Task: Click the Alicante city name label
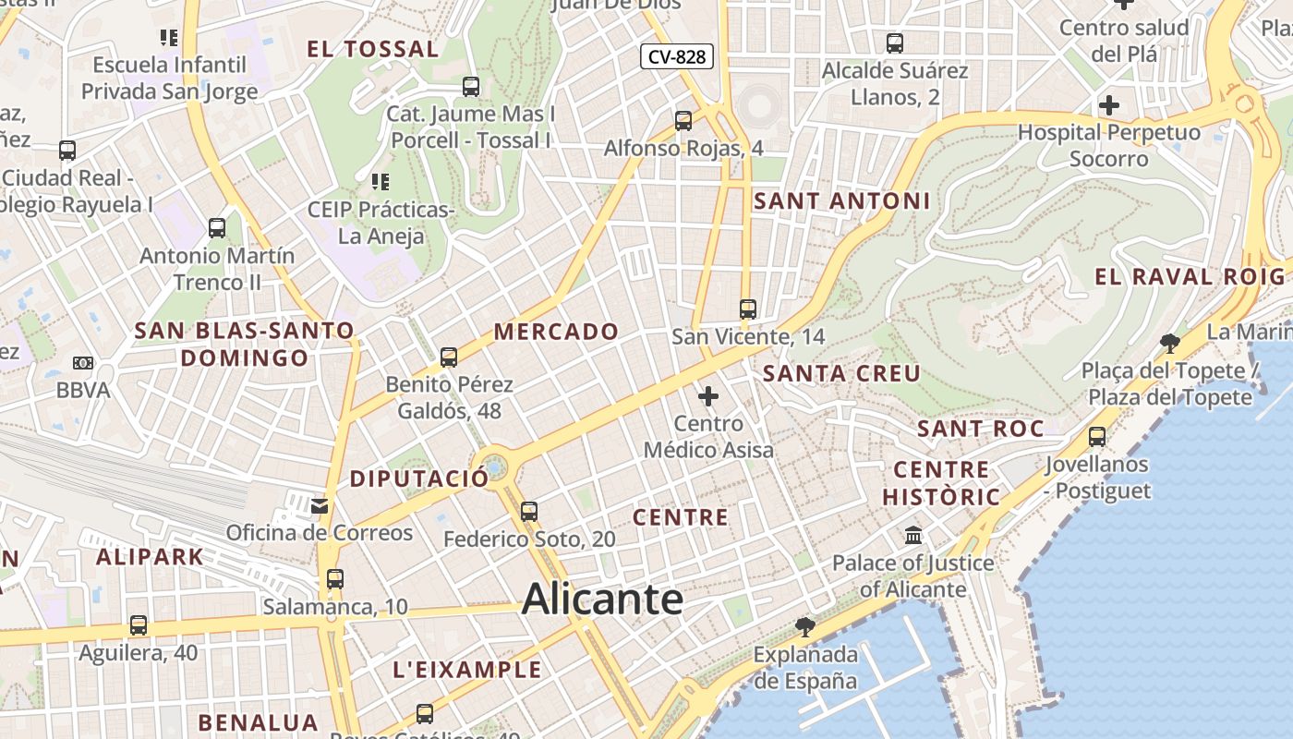tap(602, 600)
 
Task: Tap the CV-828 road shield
tap(677, 56)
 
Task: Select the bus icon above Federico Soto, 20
tap(528, 511)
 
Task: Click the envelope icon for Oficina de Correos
tap(320, 505)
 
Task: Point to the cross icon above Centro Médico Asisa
tap(708, 396)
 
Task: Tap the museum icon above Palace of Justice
tap(913, 536)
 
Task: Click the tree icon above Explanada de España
tap(805, 627)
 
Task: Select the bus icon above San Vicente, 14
tap(748, 309)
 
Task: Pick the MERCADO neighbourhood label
tap(556, 331)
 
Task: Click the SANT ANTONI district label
tap(842, 200)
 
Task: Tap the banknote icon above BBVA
tap(83, 363)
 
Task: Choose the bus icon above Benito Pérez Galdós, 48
tap(449, 357)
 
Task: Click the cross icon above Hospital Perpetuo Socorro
tap(1109, 105)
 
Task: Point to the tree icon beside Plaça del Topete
tap(1170, 344)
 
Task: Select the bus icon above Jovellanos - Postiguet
tap(1097, 437)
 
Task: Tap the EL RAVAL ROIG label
tap(1190, 276)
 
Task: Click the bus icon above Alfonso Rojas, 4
tap(683, 121)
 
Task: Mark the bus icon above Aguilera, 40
tap(139, 625)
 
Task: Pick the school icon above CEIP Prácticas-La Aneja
tap(380, 182)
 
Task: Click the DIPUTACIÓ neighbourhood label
tap(418, 479)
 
